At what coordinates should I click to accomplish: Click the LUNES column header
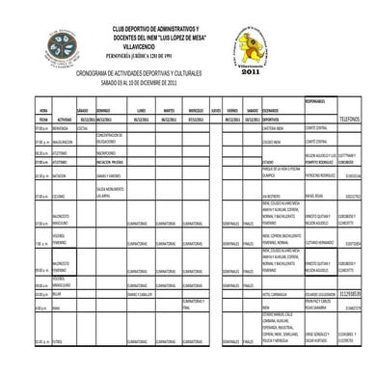pos(142,111)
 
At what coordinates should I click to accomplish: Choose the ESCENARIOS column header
pos(274,111)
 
